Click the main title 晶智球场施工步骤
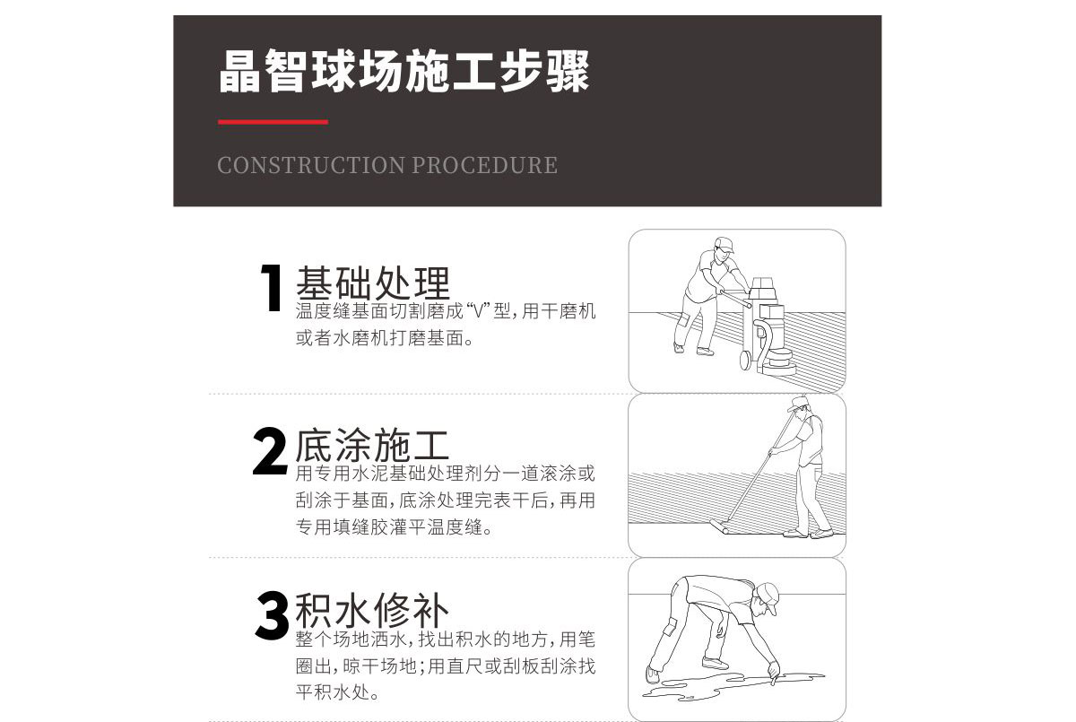404,73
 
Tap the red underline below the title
273,122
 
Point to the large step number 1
272,289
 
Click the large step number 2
270,454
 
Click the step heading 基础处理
372,283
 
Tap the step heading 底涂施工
372,446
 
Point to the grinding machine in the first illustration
770,323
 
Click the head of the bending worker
767,599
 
